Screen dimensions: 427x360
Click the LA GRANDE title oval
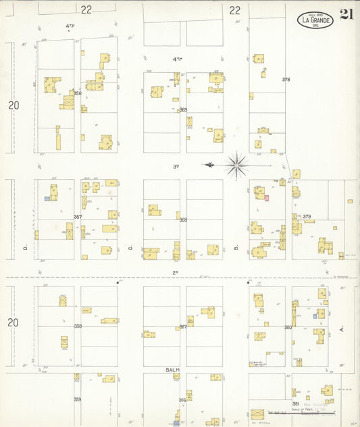coord(315,20)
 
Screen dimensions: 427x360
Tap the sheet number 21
coord(347,15)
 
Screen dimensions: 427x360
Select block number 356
coord(78,93)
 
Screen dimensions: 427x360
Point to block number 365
coord(183,109)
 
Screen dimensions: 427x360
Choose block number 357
coord(78,217)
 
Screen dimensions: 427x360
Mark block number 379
coord(307,217)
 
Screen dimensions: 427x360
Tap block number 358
coord(78,326)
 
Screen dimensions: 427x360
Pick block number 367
coord(183,327)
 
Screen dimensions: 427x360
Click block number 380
coord(288,327)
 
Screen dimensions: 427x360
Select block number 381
coord(295,403)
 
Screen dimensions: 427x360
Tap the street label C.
coord(130,247)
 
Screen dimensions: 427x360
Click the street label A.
coord(342,329)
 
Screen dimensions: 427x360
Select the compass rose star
coord(237,164)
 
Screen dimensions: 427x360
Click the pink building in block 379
coord(267,198)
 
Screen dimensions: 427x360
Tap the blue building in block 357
coord(47,199)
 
